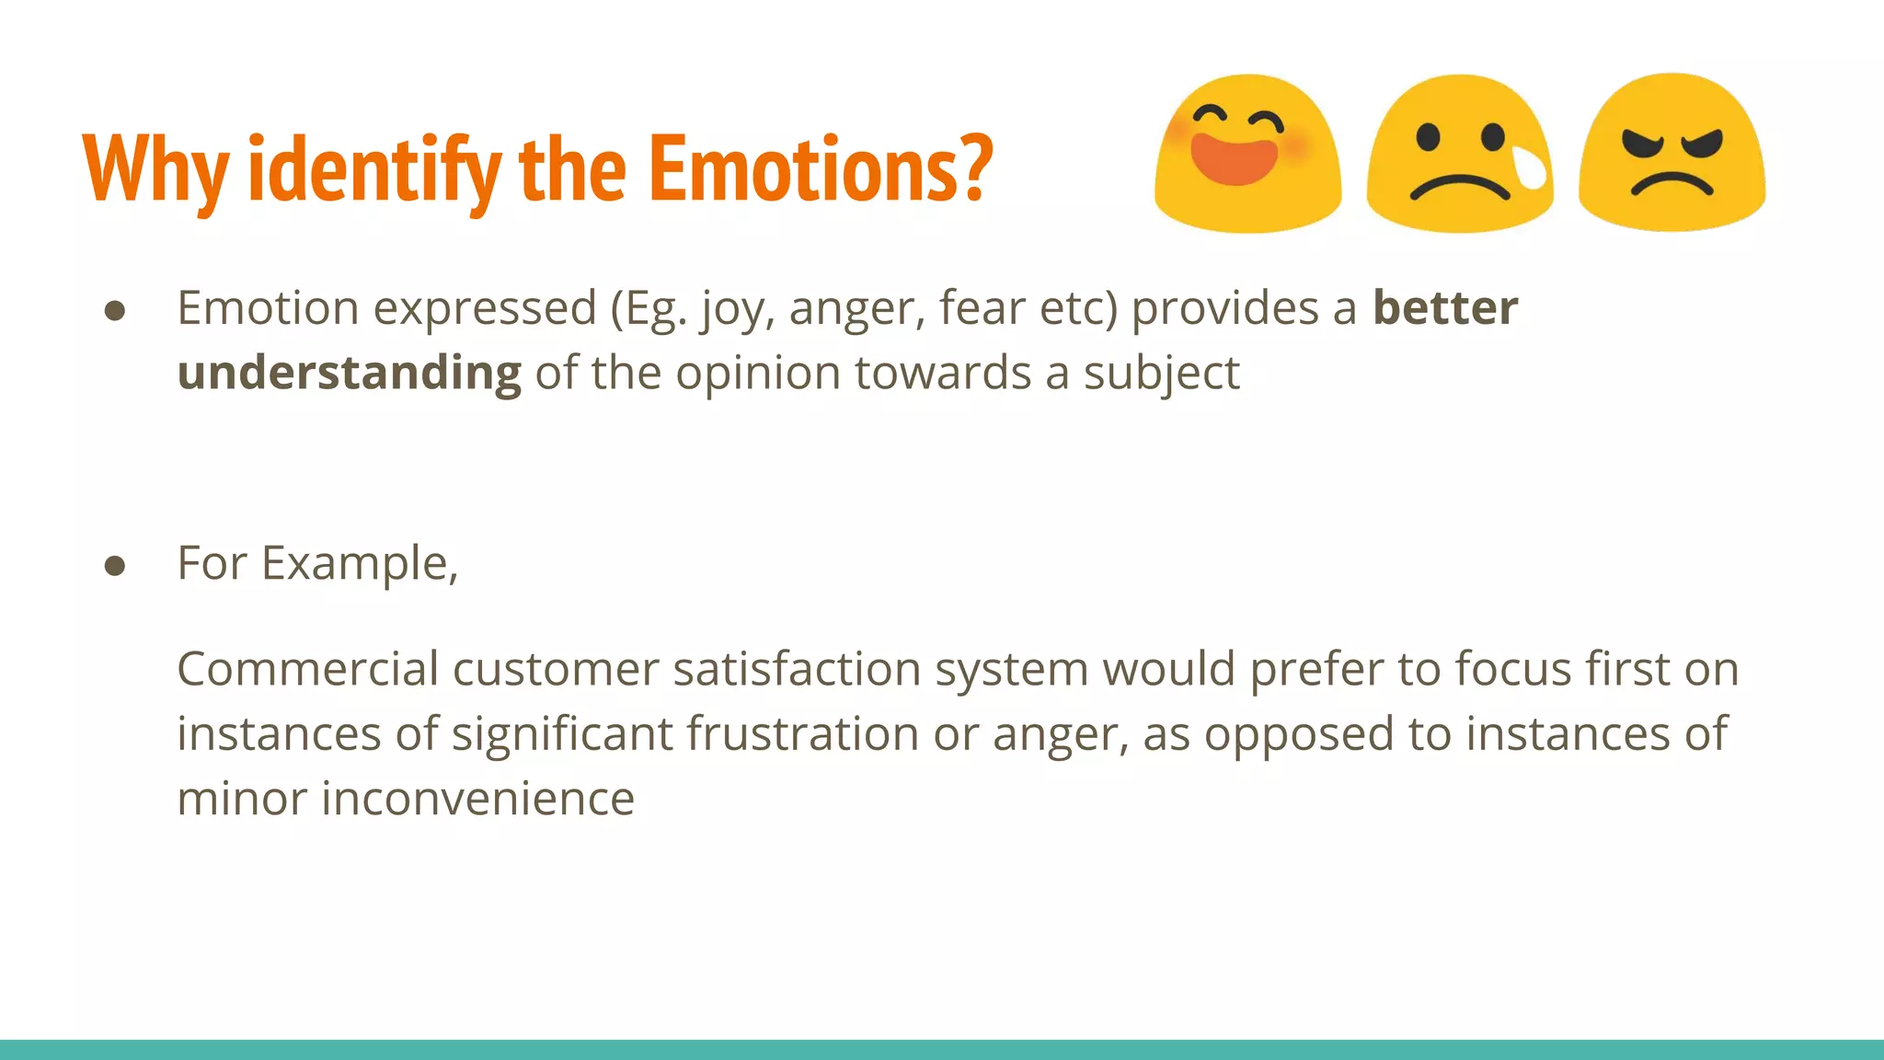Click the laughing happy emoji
coord(1247,154)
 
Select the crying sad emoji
coord(1460,154)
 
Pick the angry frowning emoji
coord(1671,153)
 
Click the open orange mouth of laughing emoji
coord(1235,160)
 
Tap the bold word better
coord(1444,307)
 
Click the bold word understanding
coord(349,373)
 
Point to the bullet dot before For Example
coord(115,565)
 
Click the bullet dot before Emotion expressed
coord(115,310)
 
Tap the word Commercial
coord(307,668)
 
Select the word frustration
coord(802,734)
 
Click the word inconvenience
coord(477,799)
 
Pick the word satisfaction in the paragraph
coord(797,668)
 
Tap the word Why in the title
coord(155,170)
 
